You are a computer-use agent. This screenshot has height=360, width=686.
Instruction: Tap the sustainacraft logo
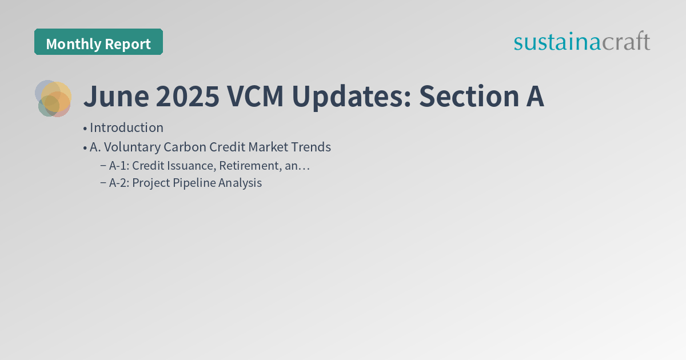pyautogui.click(x=581, y=42)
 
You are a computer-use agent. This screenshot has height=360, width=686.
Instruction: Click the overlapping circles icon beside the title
pyautogui.click(x=53, y=98)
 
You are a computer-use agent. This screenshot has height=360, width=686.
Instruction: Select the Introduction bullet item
pyautogui.click(x=126, y=128)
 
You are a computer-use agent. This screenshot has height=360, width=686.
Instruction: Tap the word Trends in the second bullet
pyautogui.click(x=311, y=147)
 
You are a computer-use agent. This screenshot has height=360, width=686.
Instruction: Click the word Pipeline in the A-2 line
pyautogui.click(x=194, y=183)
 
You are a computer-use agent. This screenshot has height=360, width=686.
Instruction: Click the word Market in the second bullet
pyautogui.click(x=269, y=147)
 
